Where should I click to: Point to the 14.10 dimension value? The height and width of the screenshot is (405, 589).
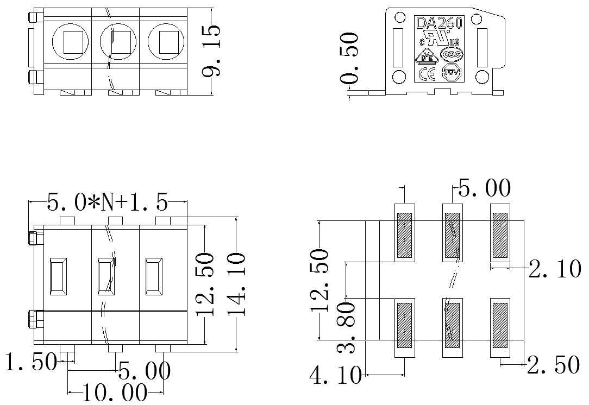point(237,283)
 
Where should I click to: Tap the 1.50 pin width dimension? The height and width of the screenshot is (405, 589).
point(30,362)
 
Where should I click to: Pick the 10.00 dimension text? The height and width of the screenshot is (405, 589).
point(115,392)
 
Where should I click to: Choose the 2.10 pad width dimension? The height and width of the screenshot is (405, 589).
point(554,269)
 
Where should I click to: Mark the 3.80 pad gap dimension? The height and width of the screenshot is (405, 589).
point(346,328)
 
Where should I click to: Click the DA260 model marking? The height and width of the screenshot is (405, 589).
point(438,23)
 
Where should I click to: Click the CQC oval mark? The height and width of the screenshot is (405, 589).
point(451,54)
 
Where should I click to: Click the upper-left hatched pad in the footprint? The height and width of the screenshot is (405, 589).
point(405,235)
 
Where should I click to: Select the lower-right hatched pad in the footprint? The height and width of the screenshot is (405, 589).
point(500,325)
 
